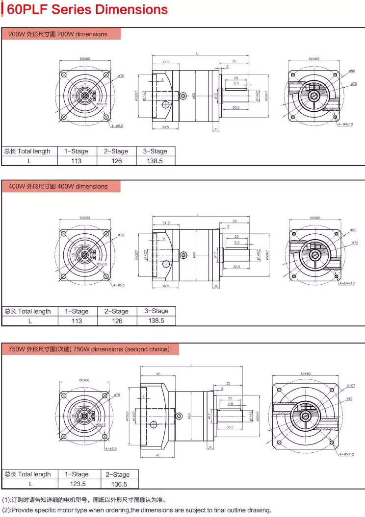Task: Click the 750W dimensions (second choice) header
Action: tap(89, 349)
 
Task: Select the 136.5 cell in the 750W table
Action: tap(118, 484)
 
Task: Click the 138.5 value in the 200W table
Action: tap(155, 161)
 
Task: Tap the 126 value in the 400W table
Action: tap(117, 321)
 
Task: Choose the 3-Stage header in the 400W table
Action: tap(156, 311)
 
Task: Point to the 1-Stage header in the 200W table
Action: tap(77, 151)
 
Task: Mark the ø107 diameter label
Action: tap(351, 385)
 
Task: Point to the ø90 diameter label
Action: tap(349, 399)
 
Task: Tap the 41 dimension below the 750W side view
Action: tap(157, 456)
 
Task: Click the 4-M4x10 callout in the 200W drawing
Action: tap(345, 124)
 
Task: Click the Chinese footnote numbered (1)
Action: tap(84, 500)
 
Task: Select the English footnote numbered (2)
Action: tap(136, 510)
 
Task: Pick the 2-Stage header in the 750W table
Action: tap(118, 474)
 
